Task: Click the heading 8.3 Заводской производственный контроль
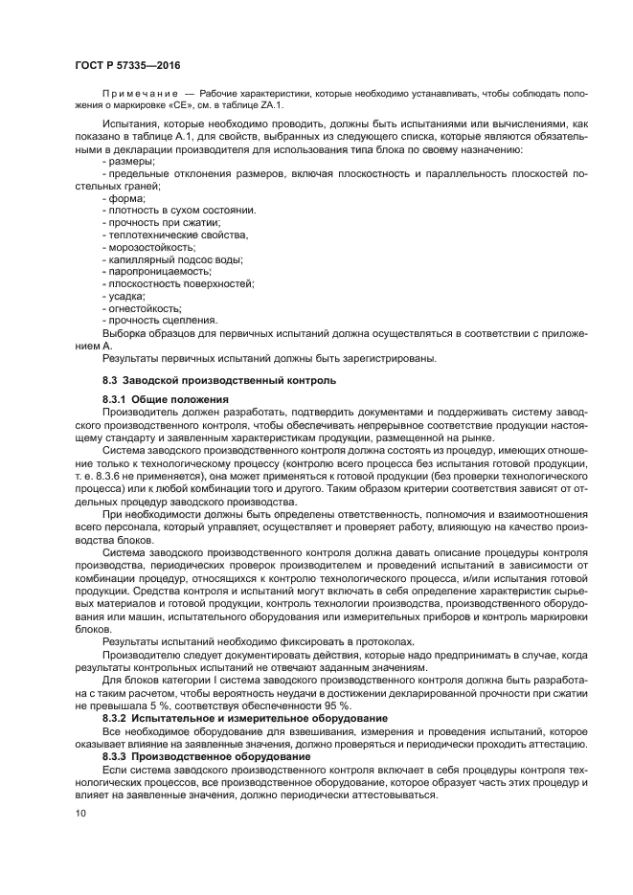219,380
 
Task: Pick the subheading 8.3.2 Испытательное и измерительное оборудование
244,717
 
